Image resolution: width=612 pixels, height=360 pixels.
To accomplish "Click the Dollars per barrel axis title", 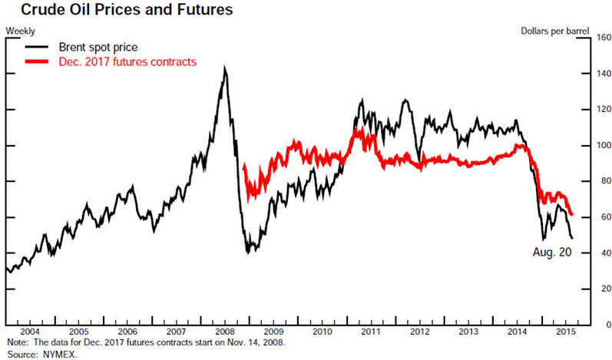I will pos(554,31).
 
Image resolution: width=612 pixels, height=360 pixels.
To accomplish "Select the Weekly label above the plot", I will pos(20,31).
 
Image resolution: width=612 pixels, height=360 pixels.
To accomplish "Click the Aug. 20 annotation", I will pos(552,253).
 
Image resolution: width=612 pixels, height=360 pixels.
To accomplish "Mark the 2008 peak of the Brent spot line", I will pos(224,68).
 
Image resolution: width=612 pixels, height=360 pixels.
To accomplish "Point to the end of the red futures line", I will pos(571,214).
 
